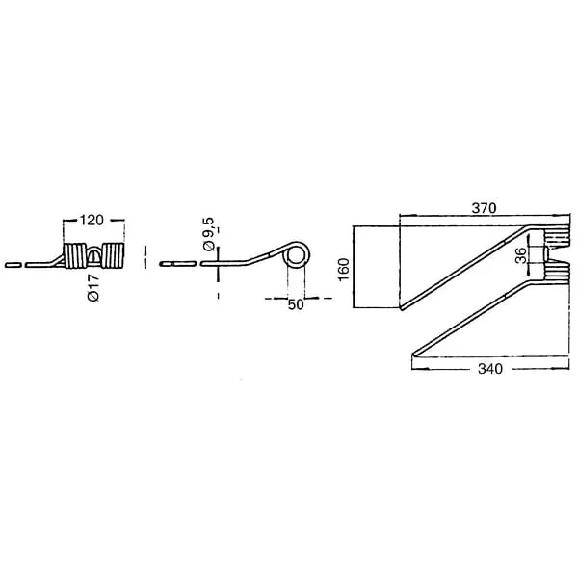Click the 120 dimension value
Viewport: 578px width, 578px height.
point(92,221)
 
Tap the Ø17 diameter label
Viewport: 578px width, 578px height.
point(94,288)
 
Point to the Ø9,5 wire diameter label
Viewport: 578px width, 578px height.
point(208,234)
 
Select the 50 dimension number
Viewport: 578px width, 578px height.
point(296,304)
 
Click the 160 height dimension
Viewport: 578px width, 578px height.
point(344,270)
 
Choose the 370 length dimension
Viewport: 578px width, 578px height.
point(484,208)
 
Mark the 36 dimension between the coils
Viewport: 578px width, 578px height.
point(520,255)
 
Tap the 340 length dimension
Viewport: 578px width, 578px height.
point(490,369)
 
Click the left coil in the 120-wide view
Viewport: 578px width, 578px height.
point(75,255)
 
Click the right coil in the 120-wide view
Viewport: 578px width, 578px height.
point(113,255)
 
